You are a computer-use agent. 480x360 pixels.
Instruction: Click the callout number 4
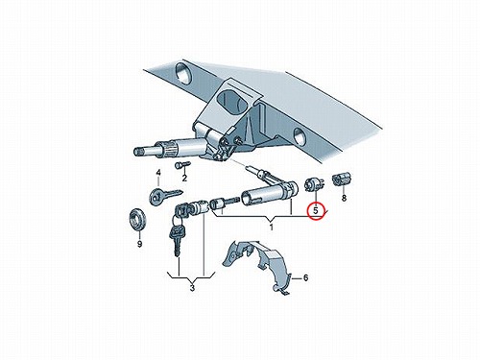click(158, 173)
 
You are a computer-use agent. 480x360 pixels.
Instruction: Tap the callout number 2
click(184, 178)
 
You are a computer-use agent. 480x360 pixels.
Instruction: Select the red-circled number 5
click(316, 211)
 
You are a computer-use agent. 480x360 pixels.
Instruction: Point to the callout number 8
click(344, 198)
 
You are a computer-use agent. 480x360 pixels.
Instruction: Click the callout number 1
click(272, 228)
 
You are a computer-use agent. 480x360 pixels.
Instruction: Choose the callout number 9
click(139, 244)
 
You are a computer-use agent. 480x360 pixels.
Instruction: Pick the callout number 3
click(192, 288)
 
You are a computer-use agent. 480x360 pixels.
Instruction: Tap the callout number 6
click(305, 278)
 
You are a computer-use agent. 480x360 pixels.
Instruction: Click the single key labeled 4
click(165, 196)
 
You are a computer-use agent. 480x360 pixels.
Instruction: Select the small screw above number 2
click(182, 165)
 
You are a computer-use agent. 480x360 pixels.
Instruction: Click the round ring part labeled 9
click(137, 220)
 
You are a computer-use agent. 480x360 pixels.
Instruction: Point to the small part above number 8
click(343, 180)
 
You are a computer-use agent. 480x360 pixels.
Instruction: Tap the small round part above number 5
click(313, 185)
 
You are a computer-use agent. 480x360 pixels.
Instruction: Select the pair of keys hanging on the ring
click(177, 238)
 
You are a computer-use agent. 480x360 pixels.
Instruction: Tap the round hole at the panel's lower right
click(300, 135)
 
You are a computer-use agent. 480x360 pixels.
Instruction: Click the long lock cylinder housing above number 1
click(269, 193)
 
